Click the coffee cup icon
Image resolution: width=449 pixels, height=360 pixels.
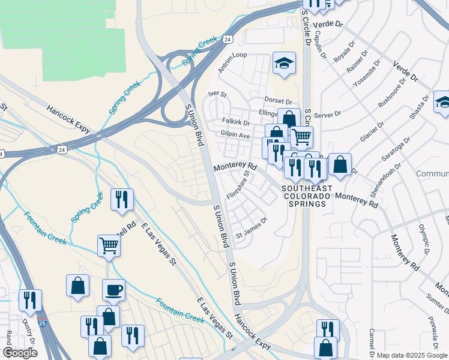tap(114, 290)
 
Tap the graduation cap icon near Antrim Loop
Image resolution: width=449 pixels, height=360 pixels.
tap(284, 63)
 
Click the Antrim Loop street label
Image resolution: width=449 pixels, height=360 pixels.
tap(232, 63)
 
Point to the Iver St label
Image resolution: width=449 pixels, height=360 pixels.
tap(217, 94)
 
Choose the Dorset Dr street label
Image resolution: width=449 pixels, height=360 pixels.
tap(278, 101)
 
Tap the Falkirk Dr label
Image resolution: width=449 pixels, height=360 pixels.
tap(235, 122)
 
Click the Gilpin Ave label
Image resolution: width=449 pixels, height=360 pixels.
tap(235, 136)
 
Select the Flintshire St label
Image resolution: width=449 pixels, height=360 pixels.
tap(238, 185)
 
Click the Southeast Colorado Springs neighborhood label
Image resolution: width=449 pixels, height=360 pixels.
tap(306, 196)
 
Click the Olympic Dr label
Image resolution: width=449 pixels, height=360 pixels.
tap(424, 235)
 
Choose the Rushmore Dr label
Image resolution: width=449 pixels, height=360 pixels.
tap(391, 95)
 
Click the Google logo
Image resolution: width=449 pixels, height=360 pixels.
tap(20, 353)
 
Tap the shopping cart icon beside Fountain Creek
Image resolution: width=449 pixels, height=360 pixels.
tap(109, 245)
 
